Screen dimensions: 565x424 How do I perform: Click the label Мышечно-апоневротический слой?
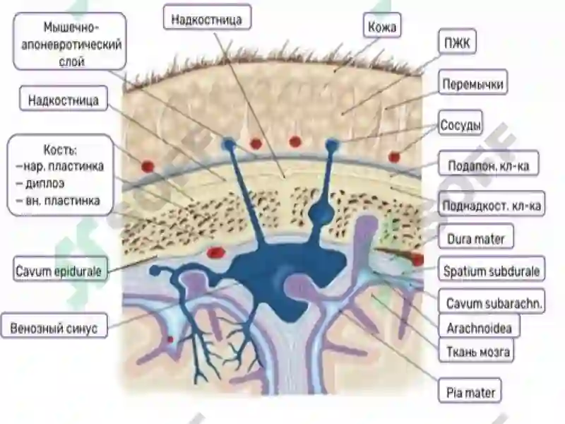pos(69,42)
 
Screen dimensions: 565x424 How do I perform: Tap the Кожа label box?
pos(382,25)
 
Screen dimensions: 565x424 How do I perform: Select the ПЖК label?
pos(457,42)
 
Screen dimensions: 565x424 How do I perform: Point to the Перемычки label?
pos(472,83)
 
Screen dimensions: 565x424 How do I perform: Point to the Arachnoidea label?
pos(479,326)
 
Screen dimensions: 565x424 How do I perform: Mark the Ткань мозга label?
pos(476,350)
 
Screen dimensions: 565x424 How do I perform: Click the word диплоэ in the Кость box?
pos(40,184)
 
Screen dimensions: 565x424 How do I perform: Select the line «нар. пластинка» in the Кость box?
pos(60,166)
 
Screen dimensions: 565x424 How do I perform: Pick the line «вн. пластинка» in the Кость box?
pos(58,201)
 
